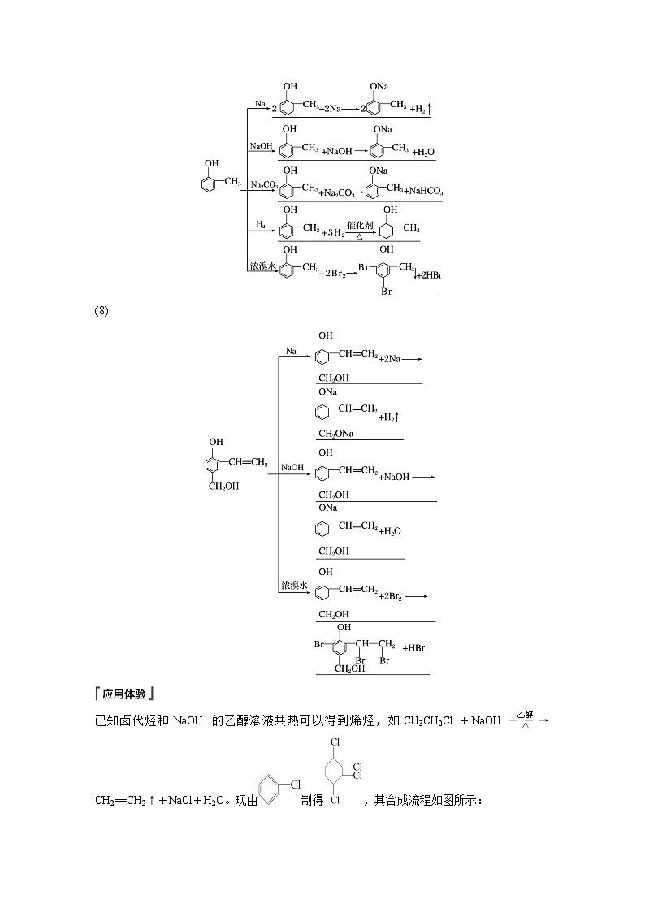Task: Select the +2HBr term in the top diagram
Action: (x=427, y=275)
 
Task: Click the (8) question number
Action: (x=102, y=311)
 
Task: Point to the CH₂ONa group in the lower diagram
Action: (x=335, y=434)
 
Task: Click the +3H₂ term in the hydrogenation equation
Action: (x=333, y=232)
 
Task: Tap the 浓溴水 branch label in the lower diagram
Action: (x=293, y=585)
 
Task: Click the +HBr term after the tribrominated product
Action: (x=413, y=648)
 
